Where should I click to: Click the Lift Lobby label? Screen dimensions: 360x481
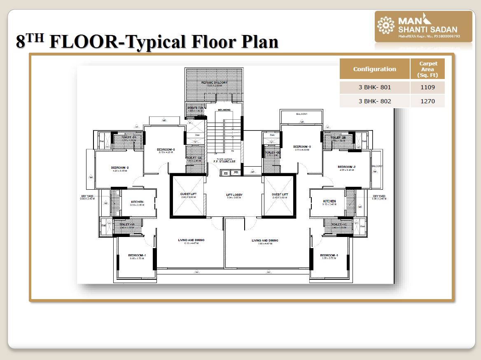click(234, 195)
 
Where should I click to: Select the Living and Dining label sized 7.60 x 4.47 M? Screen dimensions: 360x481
click(265, 241)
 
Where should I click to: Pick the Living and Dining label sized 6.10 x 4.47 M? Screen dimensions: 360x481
click(191, 240)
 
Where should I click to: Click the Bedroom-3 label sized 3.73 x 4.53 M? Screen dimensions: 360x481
click(302, 147)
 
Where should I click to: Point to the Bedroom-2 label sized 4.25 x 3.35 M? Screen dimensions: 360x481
click(120, 168)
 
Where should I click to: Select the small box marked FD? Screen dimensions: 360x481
click(236, 173)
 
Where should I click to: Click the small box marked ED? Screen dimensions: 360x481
click(226, 173)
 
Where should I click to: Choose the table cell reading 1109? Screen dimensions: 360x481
click(427, 88)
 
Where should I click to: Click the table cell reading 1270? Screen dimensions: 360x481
click(427, 101)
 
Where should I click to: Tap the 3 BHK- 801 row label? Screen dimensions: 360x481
click(374, 88)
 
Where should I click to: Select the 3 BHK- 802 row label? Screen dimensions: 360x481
click(374, 101)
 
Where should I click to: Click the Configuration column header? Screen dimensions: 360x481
click(374, 69)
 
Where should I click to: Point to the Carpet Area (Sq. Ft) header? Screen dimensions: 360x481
click(428, 69)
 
